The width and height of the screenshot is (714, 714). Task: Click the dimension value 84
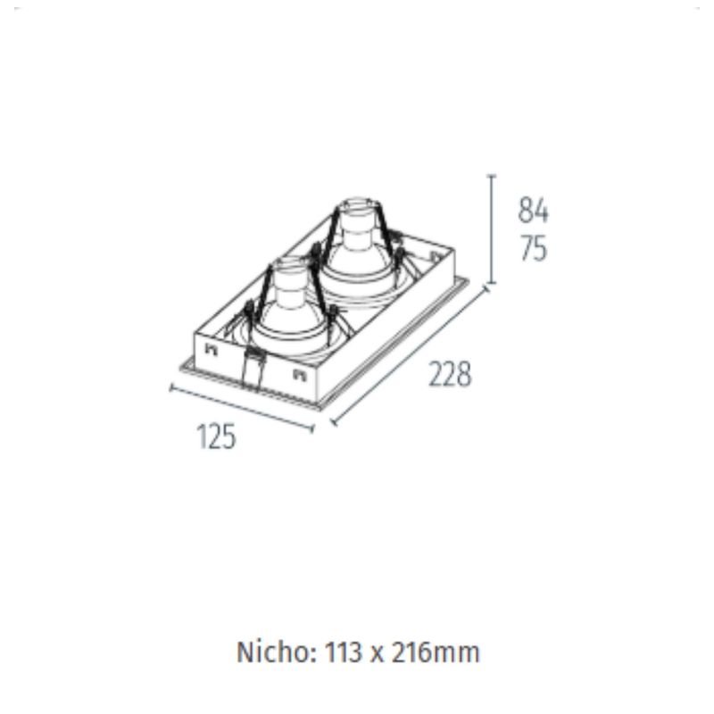533,211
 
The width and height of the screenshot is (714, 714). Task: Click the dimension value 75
533,249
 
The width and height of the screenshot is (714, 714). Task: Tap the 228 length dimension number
450,374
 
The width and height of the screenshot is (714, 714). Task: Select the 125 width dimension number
216,436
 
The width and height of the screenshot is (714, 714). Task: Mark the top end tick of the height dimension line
491,175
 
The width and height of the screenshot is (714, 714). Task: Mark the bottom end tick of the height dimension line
491,283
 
